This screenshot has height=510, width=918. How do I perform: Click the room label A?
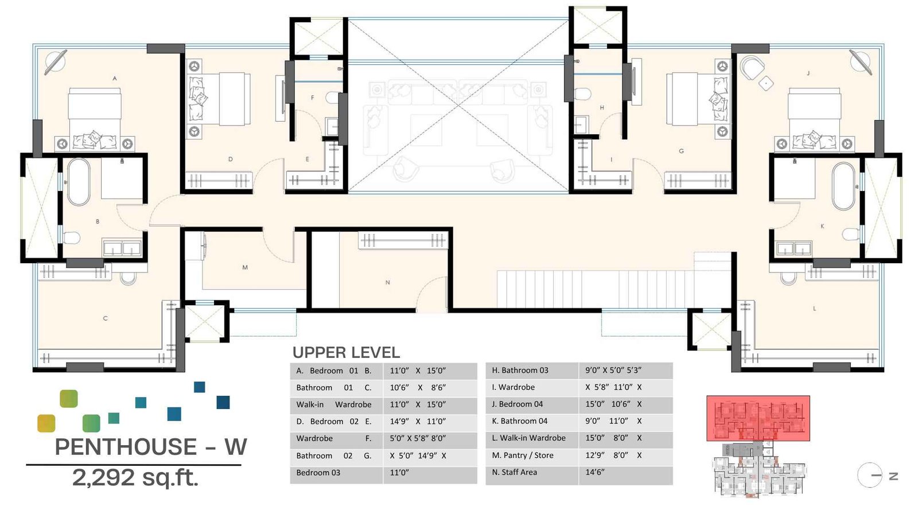tap(114, 78)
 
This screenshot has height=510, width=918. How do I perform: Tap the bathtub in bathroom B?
tap(79, 181)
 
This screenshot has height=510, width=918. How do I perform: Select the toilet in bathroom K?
tap(851, 234)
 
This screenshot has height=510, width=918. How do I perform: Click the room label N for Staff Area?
tap(387, 282)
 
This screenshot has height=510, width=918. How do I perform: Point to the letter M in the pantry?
tap(245, 267)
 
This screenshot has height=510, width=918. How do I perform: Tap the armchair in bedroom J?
tap(752, 68)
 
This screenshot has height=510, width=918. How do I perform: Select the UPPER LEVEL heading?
tap(346, 352)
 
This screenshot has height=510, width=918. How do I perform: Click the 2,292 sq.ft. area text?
tap(135, 477)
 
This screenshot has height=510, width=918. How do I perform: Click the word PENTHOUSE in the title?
tap(126, 447)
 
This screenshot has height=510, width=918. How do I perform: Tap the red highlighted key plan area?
tap(757, 418)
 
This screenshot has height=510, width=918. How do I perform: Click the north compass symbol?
tap(870, 475)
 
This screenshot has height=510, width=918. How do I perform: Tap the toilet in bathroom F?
tap(332, 97)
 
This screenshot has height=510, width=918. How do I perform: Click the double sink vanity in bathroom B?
tap(122, 248)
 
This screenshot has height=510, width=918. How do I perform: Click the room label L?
tap(814, 309)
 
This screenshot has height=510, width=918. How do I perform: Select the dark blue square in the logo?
tap(223, 402)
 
